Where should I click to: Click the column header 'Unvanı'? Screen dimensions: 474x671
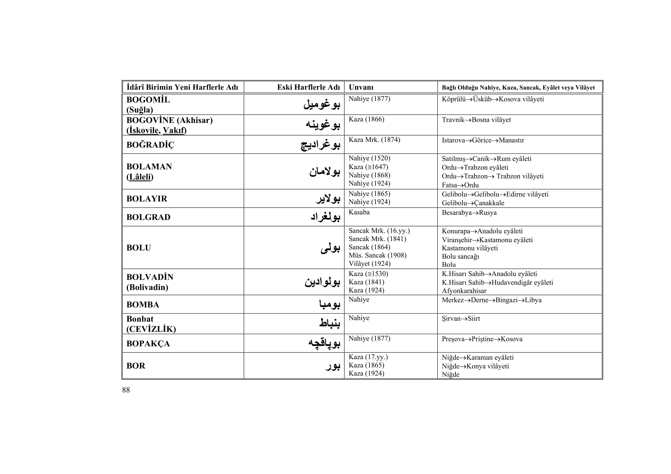click(361, 87)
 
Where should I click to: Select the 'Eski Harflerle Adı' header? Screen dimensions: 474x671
click(308, 87)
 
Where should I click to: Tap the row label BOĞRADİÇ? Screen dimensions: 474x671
click(150, 145)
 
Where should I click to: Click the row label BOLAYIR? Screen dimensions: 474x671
click(147, 199)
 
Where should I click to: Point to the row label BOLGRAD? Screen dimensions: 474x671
click(148, 217)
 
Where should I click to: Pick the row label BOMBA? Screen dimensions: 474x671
click(143, 305)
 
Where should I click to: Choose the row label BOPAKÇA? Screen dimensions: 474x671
click(148, 344)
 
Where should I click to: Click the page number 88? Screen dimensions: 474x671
click(126, 390)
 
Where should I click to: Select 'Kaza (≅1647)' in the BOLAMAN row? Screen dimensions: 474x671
click(368, 167)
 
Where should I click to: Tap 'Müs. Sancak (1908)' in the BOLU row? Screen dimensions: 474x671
click(377, 255)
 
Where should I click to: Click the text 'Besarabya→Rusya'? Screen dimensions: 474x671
click(469, 213)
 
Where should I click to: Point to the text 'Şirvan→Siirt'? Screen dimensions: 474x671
click(461, 318)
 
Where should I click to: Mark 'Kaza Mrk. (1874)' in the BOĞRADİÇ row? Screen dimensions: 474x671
click(374, 140)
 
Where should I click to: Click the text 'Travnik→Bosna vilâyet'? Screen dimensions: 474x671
click(476, 120)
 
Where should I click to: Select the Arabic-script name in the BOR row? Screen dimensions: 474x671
click(333, 366)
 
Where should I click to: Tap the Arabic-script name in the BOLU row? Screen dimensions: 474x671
click(330, 248)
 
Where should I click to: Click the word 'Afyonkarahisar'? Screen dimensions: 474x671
click(464, 291)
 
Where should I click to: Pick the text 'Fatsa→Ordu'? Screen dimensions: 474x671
click(460, 185)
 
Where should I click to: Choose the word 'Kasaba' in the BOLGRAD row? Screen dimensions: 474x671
click(359, 212)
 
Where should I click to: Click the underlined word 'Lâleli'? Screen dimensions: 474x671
click(140, 177)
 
